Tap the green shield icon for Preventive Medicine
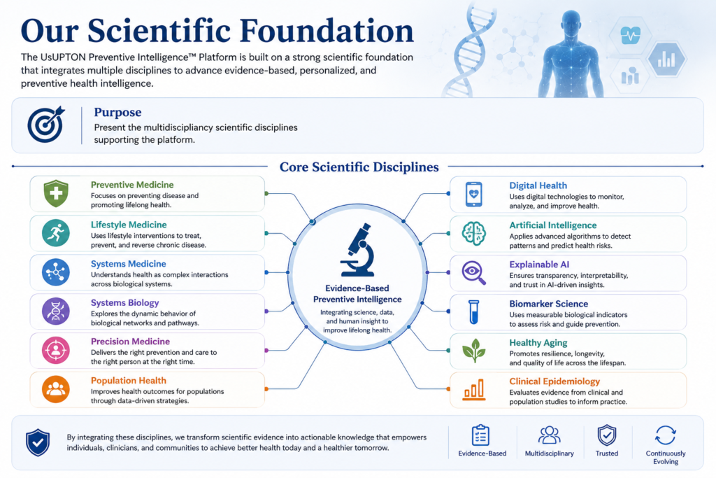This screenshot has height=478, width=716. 56,193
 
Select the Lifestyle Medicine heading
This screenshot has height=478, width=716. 129,225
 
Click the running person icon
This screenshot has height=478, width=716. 56,233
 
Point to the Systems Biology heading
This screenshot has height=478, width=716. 124,303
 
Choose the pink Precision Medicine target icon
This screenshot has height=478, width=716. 56,350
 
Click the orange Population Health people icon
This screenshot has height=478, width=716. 56,389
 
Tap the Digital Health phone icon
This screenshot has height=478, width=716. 474,195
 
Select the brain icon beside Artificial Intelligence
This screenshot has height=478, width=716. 474,234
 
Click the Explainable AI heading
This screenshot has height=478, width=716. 539,265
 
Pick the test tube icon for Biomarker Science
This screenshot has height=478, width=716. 474,311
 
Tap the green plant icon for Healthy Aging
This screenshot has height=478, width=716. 474,351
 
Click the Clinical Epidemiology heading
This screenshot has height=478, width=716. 554,381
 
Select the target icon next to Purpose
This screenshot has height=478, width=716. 46,124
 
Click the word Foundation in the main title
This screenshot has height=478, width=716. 327,31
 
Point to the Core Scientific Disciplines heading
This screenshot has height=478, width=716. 359,167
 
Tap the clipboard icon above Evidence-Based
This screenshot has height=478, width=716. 480,435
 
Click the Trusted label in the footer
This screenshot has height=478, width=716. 607,454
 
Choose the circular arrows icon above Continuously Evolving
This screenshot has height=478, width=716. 666,435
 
